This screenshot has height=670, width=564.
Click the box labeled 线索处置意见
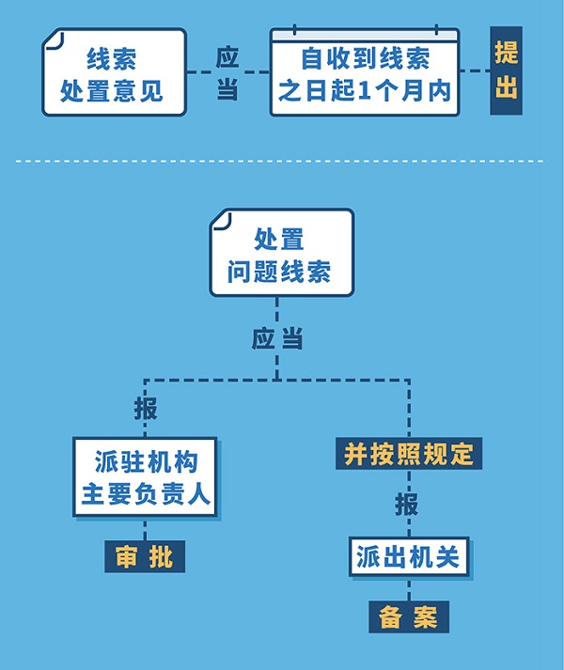[113, 74]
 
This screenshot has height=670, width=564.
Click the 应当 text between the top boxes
[227, 72]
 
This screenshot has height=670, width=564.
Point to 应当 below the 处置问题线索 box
[277, 338]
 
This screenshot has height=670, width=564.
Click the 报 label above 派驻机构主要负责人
[145, 410]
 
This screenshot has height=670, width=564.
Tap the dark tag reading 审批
[145, 556]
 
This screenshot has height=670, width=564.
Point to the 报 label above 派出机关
[407, 504]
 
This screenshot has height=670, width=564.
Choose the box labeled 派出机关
[408, 556]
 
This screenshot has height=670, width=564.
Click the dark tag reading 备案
[408, 616]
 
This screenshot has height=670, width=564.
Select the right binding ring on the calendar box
[435, 30]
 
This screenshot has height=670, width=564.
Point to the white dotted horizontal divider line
[281, 161]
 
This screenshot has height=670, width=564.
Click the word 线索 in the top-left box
[112, 59]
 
